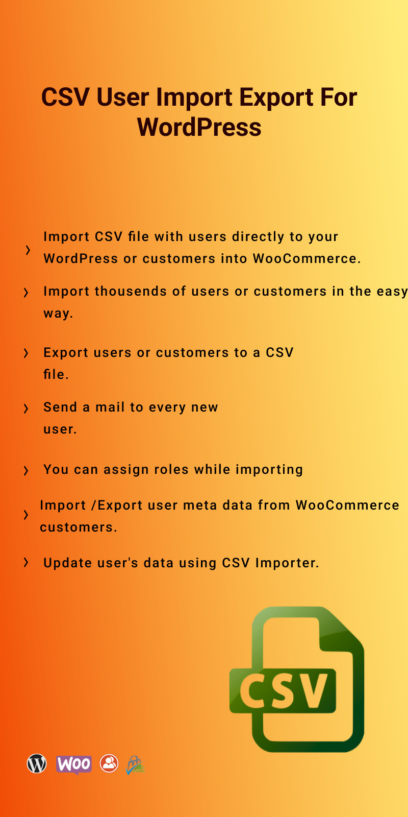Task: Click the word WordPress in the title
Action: (x=199, y=127)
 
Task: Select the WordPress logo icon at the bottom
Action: (x=37, y=763)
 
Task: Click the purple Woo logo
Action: (x=74, y=764)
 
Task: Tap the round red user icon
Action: (x=109, y=763)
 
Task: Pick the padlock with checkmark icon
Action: (x=135, y=765)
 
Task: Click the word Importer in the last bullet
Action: (x=287, y=563)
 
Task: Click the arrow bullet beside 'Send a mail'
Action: (x=26, y=408)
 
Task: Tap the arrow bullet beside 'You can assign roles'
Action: (x=26, y=471)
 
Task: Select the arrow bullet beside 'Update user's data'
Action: (x=26, y=562)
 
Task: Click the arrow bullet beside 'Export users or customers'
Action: (x=26, y=353)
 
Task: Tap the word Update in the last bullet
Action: (x=67, y=563)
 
